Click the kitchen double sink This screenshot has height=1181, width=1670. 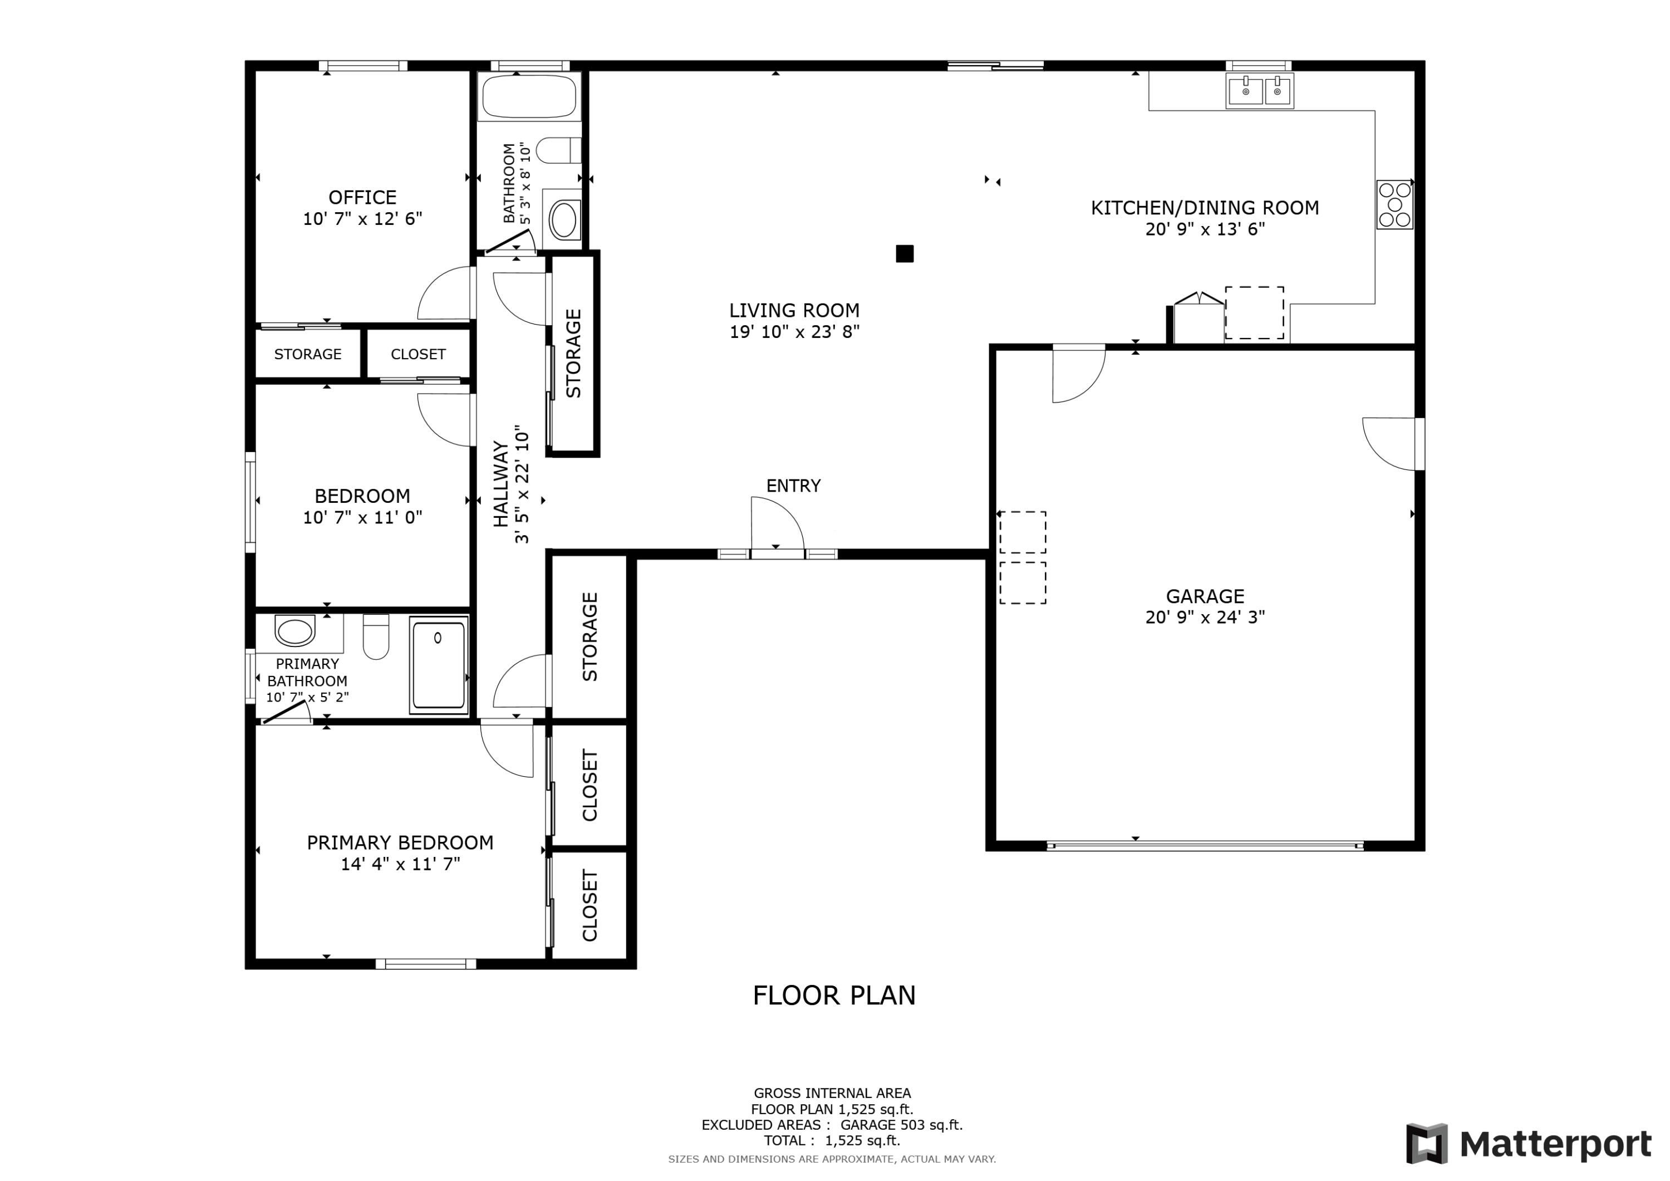tap(1259, 91)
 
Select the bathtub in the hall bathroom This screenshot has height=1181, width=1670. tap(529, 97)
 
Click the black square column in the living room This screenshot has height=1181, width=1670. tap(904, 253)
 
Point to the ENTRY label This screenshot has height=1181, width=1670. tap(793, 486)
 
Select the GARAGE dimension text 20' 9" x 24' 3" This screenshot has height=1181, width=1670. tap(1205, 617)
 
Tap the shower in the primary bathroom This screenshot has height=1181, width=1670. tap(438, 664)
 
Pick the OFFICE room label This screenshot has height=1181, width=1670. tap(362, 197)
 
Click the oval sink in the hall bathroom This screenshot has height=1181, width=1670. tap(564, 220)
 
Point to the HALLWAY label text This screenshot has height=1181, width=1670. tap(500, 483)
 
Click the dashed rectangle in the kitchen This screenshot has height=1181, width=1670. tap(1254, 312)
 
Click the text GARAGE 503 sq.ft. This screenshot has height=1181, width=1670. tap(901, 1124)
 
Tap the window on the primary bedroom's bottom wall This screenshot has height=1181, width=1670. tap(425, 964)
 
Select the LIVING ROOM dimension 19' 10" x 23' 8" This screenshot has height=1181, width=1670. tap(794, 332)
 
